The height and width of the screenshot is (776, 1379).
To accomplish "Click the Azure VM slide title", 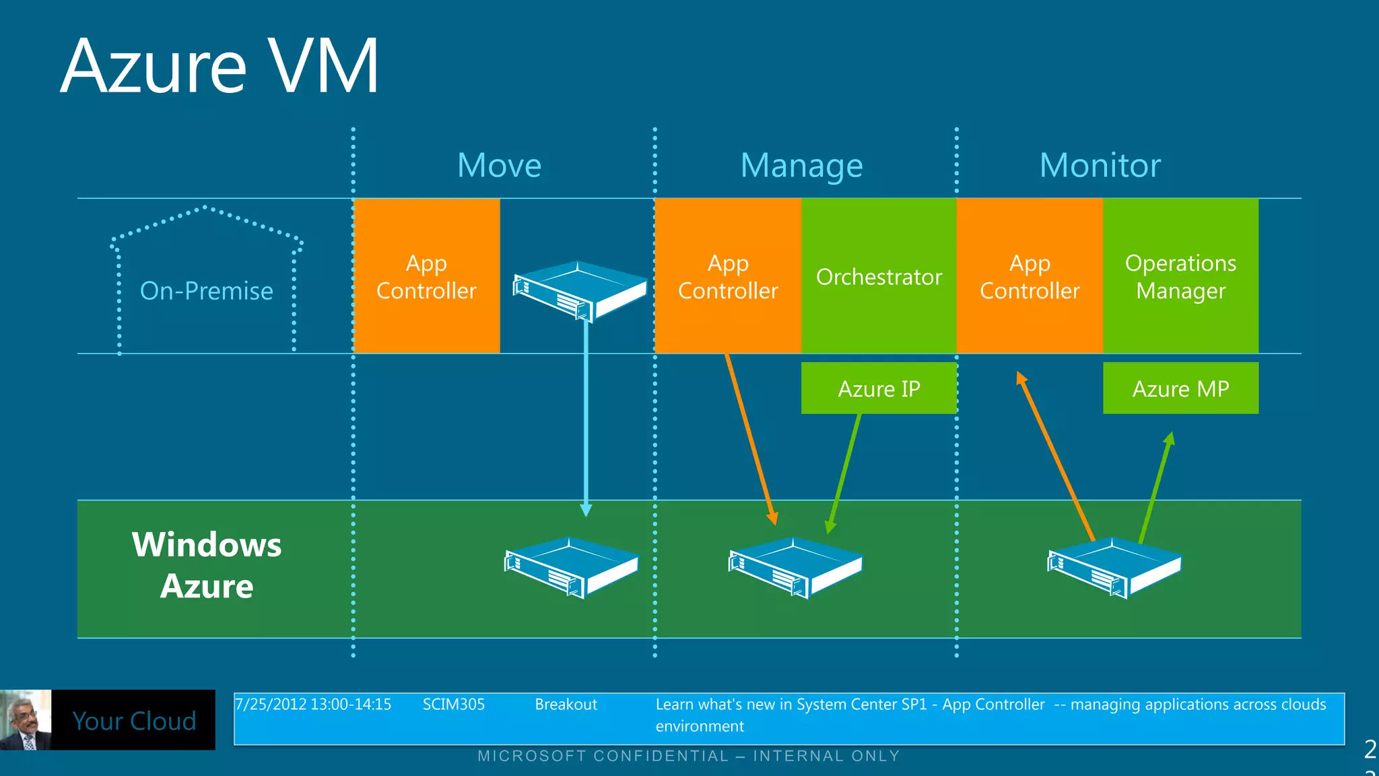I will click(220, 67).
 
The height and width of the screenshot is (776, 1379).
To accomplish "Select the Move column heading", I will click(499, 166).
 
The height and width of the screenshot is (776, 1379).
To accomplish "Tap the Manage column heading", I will click(801, 166).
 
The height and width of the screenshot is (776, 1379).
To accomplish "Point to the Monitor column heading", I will click(1100, 166).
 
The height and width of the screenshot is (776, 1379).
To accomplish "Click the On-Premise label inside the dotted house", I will click(206, 291).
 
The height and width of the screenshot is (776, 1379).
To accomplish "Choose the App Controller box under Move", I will click(426, 276).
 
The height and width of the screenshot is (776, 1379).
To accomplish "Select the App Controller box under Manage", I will click(728, 276).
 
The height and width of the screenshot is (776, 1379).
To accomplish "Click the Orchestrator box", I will click(879, 276).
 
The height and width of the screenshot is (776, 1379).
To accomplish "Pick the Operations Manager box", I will click(1180, 276).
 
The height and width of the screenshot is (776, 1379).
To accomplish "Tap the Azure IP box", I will click(879, 389).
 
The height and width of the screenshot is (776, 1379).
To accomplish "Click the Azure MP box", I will click(1180, 389).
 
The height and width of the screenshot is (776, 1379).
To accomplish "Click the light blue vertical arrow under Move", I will click(586, 418).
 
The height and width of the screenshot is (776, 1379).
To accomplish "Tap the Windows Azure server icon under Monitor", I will click(1114, 567).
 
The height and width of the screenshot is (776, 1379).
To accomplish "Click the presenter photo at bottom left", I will click(26, 719).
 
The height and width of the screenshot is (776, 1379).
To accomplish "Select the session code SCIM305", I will click(453, 705).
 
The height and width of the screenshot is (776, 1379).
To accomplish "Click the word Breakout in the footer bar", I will click(566, 705).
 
